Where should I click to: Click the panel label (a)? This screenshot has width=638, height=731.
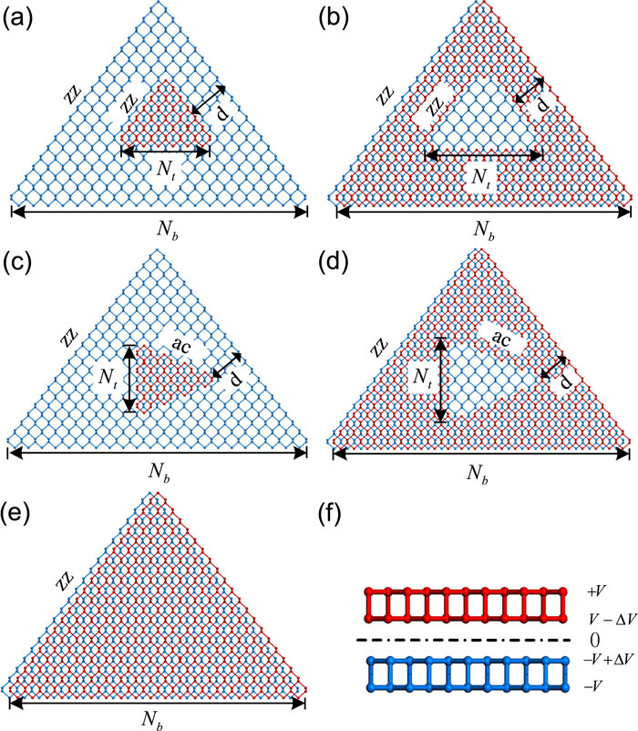tap(17, 20)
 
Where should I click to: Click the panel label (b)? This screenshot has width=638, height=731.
tap(333, 20)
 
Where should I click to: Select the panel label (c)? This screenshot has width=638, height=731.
tap(17, 263)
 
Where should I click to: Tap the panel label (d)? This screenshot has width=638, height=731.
tap(333, 263)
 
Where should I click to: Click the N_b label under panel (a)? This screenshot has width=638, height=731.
tap(167, 230)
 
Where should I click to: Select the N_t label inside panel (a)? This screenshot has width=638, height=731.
tap(167, 169)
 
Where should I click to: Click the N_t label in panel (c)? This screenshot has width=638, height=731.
tap(108, 378)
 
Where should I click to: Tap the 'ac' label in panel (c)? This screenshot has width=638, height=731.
tap(181, 343)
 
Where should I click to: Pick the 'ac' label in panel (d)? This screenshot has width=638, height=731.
tap(500, 339)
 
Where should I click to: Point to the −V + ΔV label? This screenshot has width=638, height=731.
tap(608, 659)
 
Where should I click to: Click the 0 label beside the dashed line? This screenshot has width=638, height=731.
tap(594, 640)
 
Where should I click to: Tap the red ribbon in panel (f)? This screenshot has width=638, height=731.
tap(466, 604)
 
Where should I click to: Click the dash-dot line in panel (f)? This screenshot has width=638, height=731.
tap(463, 640)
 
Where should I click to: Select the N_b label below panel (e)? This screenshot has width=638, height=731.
tap(152, 720)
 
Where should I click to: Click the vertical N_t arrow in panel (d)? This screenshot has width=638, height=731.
tap(440, 380)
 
